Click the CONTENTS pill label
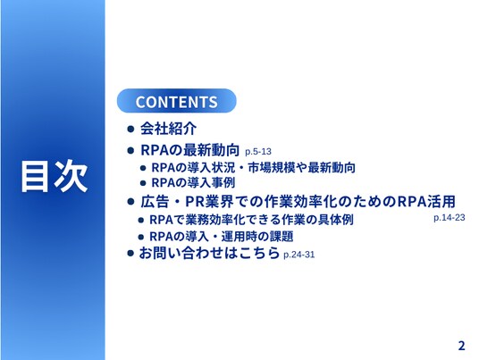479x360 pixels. pyautogui.click(x=177, y=101)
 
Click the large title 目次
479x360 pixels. pyautogui.click(x=55, y=176)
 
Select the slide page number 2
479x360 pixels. pyautogui.click(x=461, y=346)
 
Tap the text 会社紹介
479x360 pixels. pyautogui.click(x=168, y=129)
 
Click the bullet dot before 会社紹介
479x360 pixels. pyautogui.click(x=130, y=129)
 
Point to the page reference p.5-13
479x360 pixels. pyautogui.click(x=258, y=152)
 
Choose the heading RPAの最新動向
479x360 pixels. pyautogui.click(x=190, y=150)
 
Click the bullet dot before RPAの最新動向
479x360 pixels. pyautogui.click(x=130, y=150)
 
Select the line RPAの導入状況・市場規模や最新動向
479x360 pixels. pyautogui.click(x=253, y=168)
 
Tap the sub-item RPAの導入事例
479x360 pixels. pyautogui.click(x=193, y=183)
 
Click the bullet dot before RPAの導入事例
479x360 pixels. pyautogui.click(x=143, y=183)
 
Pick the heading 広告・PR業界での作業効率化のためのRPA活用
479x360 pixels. pyautogui.click(x=298, y=202)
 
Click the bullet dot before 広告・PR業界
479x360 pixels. pyautogui.click(x=130, y=202)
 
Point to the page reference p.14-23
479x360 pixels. pyautogui.click(x=450, y=218)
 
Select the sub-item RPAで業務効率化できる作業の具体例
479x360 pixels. pyautogui.click(x=251, y=220)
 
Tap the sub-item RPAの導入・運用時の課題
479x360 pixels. pyautogui.click(x=222, y=237)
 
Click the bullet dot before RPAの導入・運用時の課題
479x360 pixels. pyautogui.click(x=141, y=237)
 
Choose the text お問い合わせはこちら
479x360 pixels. pyautogui.click(x=209, y=253)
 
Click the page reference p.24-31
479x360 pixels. pyautogui.click(x=299, y=255)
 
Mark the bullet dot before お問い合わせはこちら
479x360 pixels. pyautogui.click(x=130, y=253)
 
